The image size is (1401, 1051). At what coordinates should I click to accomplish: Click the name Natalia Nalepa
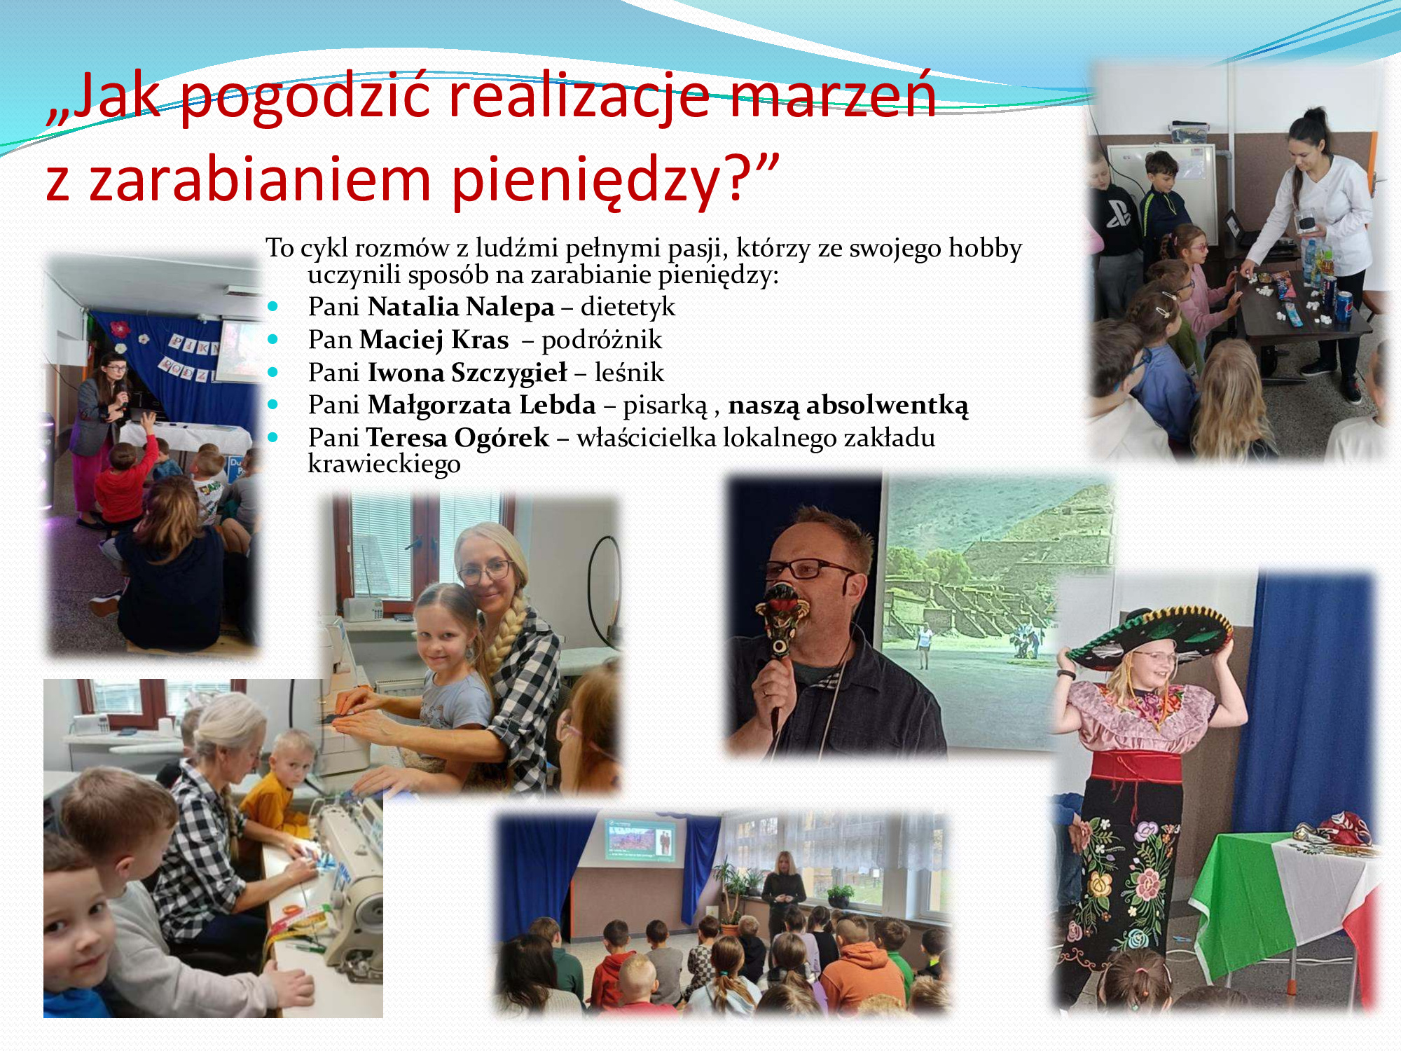coord(461,307)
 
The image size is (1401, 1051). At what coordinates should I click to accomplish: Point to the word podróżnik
coord(602,340)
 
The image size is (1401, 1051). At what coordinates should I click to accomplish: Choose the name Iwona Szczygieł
coord(467,373)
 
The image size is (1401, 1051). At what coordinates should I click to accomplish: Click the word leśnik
coord(629,373)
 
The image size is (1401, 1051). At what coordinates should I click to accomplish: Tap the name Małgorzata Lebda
coord(482,405)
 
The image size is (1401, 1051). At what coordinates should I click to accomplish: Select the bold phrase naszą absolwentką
coord(848,406)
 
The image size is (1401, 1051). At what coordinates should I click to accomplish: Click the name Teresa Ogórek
coord(457,438)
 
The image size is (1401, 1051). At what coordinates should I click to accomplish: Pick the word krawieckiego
coord(384,464)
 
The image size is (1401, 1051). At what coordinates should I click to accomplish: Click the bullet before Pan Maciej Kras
coord(272,339)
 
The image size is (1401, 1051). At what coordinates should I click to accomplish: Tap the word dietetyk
coord(628,307)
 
